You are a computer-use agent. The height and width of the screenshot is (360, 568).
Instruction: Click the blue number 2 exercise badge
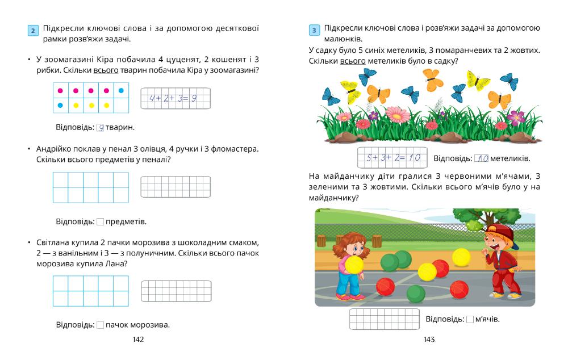pos(34,31)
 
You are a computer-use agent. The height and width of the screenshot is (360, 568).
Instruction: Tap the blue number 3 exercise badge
pos(314,31)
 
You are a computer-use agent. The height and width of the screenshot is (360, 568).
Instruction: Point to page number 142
pos(138,339)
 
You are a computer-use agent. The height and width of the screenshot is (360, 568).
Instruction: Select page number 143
pos(429,339)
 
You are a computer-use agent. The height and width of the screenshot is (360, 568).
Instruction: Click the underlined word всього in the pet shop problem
pos(108,70)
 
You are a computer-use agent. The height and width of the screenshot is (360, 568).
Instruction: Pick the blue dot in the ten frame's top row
pos(120,90)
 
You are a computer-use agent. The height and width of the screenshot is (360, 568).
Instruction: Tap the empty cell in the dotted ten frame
pos(120,105)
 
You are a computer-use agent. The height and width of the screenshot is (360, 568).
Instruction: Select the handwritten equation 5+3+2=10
pos(392,157)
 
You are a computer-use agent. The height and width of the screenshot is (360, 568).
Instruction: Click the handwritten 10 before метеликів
pos(481,158)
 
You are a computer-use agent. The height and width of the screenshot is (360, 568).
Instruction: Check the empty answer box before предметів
pos(101,221)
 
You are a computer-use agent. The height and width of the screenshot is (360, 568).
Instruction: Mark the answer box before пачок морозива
pos(101,325)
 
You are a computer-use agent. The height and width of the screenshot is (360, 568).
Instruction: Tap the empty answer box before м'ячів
pos(470,319)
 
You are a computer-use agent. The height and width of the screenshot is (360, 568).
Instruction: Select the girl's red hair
pos(346,237)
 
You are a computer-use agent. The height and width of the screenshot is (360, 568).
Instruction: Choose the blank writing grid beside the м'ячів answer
pos(384,319)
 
